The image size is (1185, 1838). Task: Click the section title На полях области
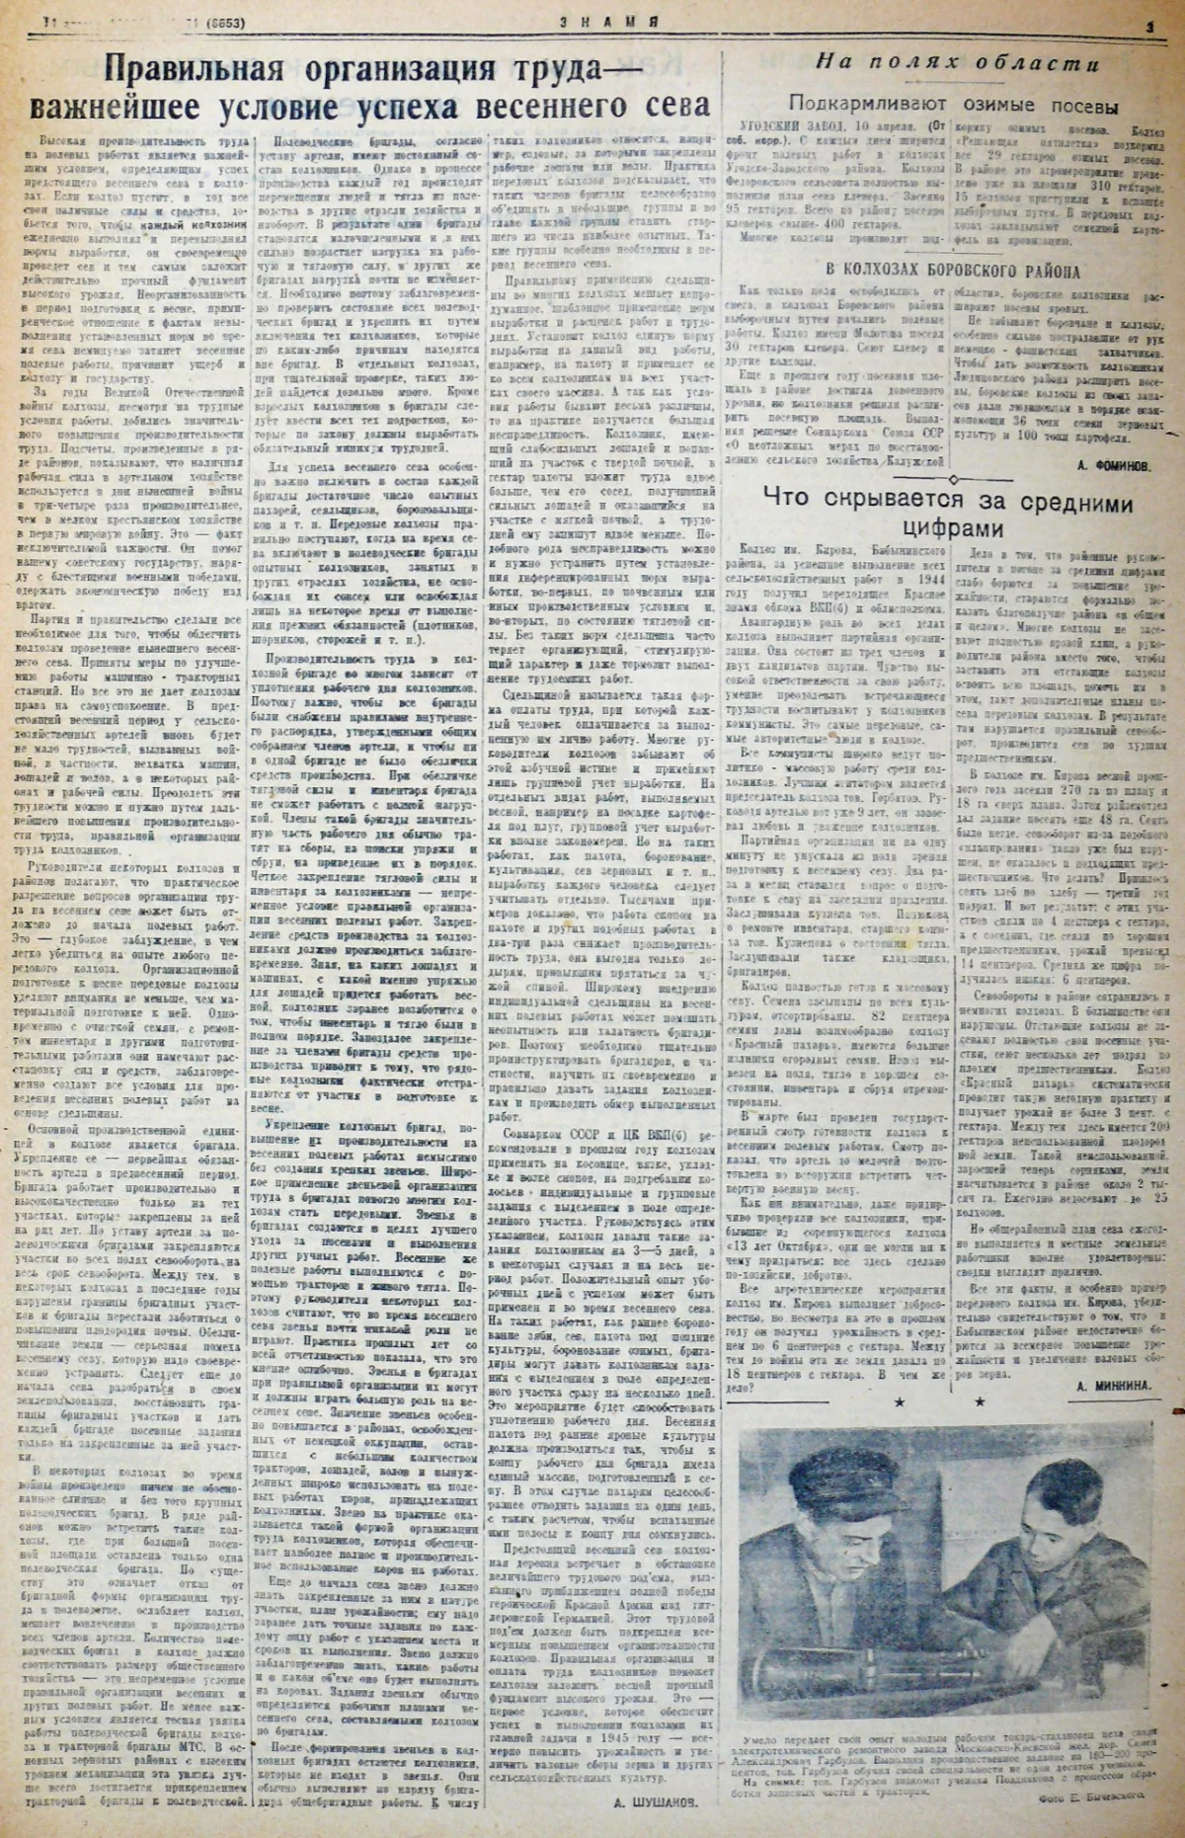(x=955, y=66)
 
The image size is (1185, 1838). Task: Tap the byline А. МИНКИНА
(x=1110, y=1385)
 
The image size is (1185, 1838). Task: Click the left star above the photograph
(x=899, y=1401)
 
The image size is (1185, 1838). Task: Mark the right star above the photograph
(x=979, y=1401)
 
